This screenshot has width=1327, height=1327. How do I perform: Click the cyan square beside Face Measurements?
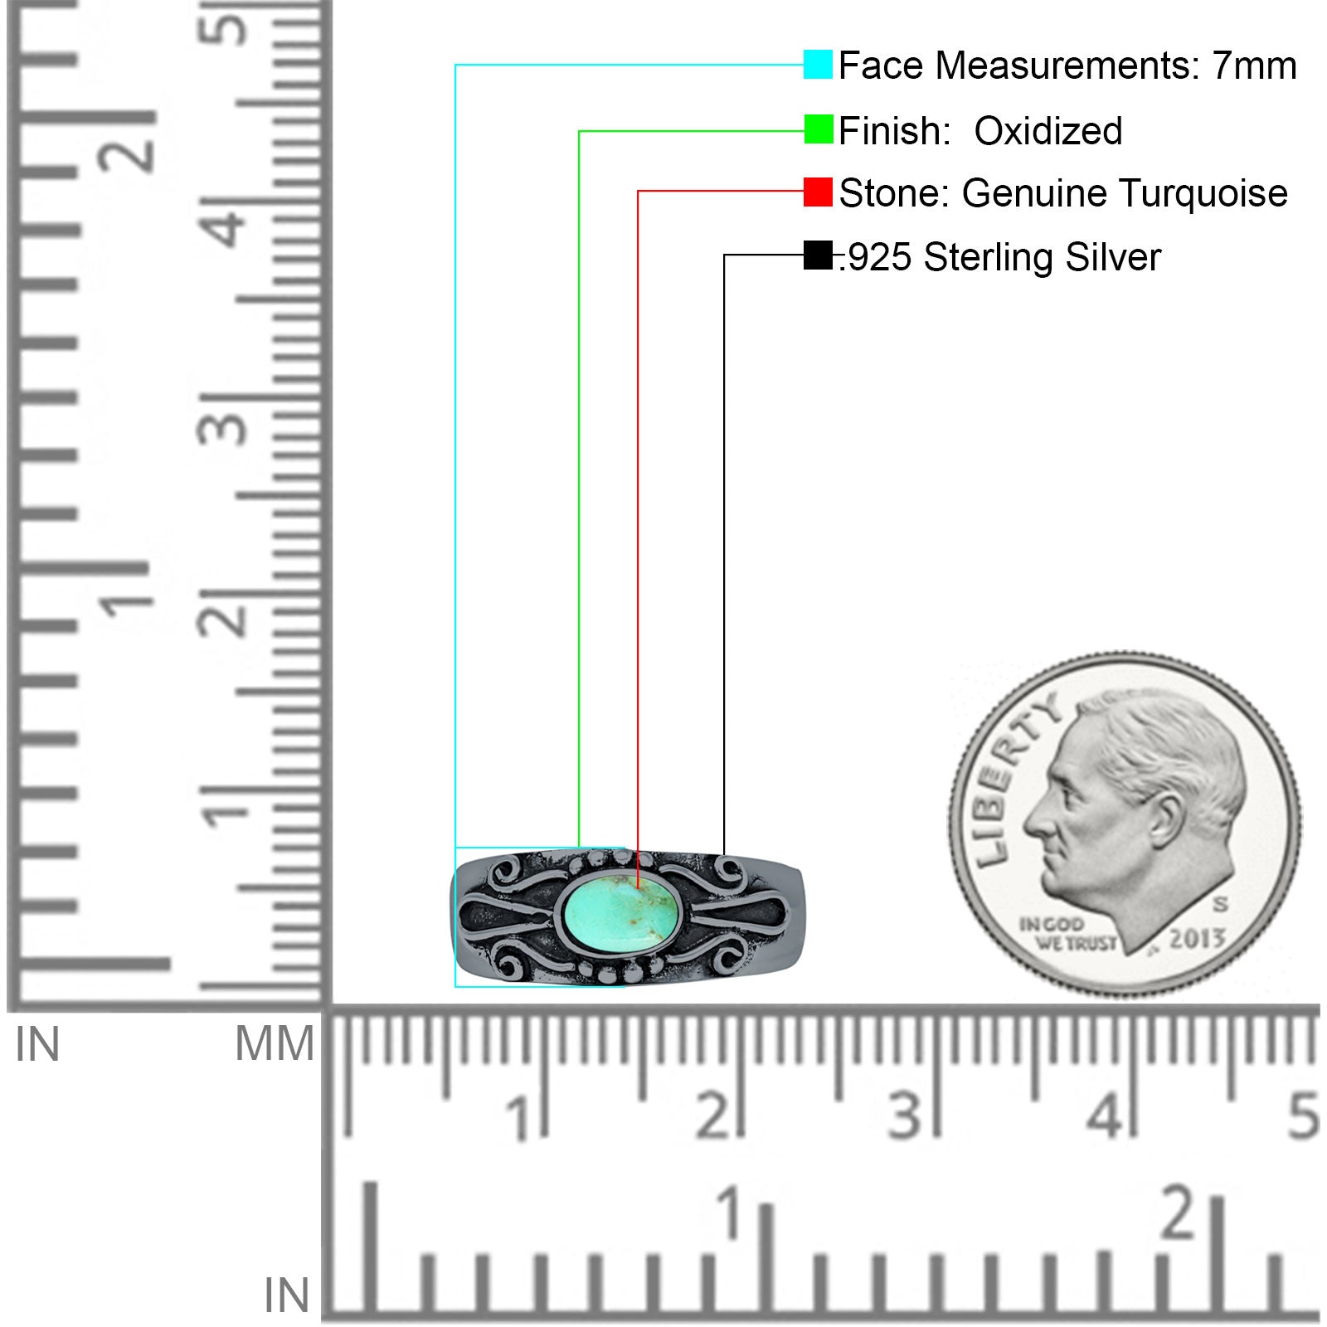[x=818, y=65]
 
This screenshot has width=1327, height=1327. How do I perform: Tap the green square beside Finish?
[x=819, y=129]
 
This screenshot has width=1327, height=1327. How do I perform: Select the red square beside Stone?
[x=818, y=192]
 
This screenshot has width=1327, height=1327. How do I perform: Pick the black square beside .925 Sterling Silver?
[x=818, y=255]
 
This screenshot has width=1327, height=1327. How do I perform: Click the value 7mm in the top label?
[x=1254, y=66]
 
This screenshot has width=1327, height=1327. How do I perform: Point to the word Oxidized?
[x=1048, y=130]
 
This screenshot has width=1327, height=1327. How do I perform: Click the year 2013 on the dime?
[x=1197, y=939]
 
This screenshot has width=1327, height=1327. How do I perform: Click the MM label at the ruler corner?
[x=275, y=1043]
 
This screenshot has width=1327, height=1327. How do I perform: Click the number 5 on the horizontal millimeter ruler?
[x=1303, y=1116]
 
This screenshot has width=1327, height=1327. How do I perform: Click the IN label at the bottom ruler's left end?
[x=287, y=1295]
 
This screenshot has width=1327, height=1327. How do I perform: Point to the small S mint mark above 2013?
[x=1220, y=903]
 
